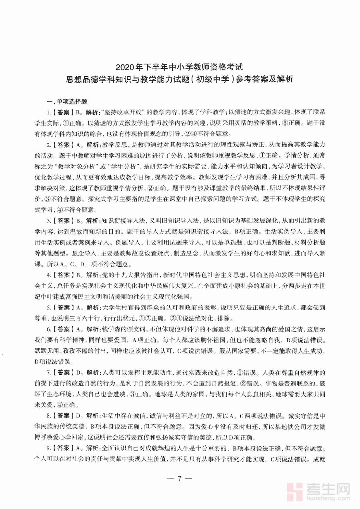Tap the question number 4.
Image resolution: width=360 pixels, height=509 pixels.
coord(48,275)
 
